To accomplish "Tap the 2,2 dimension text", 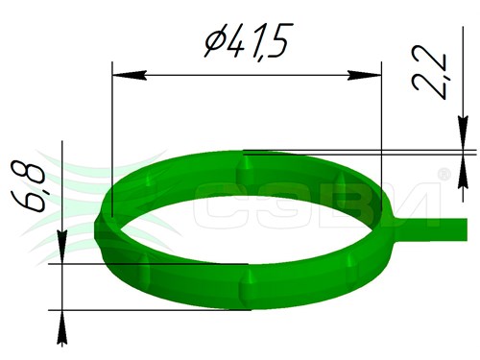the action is [x=429, y=73].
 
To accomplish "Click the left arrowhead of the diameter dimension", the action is [x=130, y=75].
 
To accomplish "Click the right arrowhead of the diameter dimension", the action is [x=365, y=75].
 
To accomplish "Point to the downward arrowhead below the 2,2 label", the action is [x=463, y=132].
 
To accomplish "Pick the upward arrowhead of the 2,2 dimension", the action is [x=463, y=172].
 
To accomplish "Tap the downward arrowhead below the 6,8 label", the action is [x=62, y=247].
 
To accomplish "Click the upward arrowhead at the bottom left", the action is [x=62, y=327].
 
